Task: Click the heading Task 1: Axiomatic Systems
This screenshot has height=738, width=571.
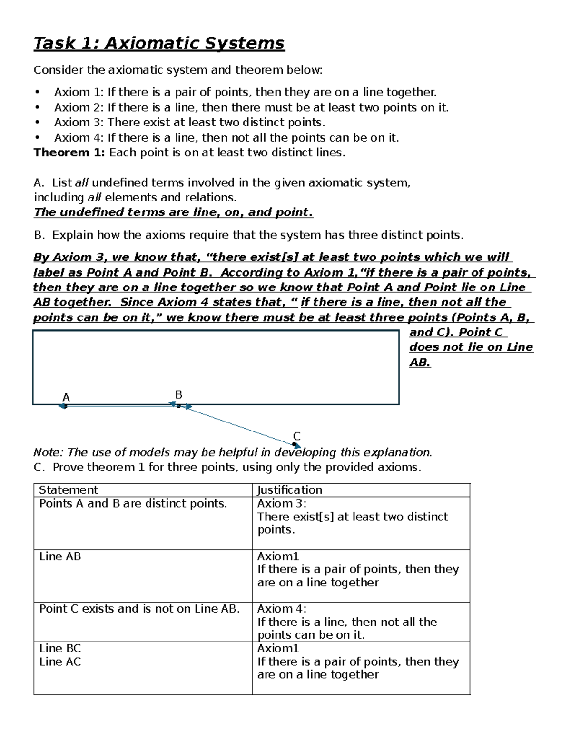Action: pos(158,43)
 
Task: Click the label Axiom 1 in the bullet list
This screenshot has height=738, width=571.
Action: pos(78,92)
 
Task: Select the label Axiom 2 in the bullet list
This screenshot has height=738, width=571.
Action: pos(78,107)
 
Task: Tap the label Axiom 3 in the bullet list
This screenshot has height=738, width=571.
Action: pos(78,123)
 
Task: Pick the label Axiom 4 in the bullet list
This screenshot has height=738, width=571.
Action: pos(78,138)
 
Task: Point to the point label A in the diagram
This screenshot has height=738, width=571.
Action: pos(66,397)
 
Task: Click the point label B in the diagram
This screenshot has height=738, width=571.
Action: pos(179,394)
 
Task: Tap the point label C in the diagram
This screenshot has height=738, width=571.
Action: pos(296,436)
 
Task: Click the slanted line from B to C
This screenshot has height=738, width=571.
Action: pos(238,425)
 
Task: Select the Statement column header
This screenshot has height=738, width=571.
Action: pos(68,490)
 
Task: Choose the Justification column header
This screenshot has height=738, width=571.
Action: pos(289,490)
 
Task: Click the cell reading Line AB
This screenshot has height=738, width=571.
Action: pos(60,556)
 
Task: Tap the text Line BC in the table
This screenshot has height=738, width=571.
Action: pos(60,648)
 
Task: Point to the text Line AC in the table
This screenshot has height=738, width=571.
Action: pos(60,661)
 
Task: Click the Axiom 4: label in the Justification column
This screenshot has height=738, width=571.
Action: pos(282,609)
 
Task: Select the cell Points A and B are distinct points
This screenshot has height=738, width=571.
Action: pos(133,504)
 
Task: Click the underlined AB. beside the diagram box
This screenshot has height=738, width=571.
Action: pos(420,363)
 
